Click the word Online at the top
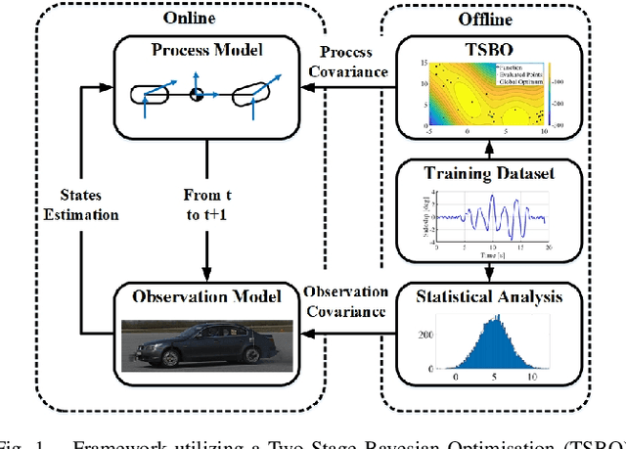pos(190,17)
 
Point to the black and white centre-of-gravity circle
pos(196,94)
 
